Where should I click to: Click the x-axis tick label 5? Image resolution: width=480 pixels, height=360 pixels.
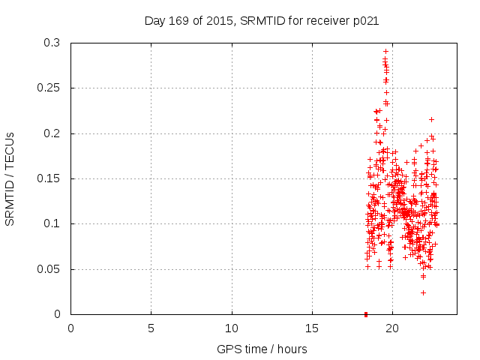[151, 328]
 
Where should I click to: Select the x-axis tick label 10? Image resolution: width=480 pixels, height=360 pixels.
[232, 328]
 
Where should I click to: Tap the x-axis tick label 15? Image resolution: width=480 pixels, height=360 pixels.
[312, 328]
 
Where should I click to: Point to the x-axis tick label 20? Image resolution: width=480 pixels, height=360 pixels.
[392, 328]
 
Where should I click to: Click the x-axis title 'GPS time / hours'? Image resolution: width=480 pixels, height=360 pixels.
[262, 349]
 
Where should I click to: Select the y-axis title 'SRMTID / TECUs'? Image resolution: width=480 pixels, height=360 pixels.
[10, 179]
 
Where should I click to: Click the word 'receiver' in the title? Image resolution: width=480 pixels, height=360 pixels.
[323, 21]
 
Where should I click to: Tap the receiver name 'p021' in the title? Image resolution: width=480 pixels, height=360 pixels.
[364, 21]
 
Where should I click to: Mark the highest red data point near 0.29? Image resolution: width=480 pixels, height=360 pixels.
[385, 52]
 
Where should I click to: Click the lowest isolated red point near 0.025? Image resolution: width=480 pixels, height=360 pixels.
[423, 292]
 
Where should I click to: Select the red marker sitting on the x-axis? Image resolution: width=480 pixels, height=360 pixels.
[365, 313]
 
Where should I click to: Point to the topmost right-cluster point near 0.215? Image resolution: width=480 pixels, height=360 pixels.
[431, 119]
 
